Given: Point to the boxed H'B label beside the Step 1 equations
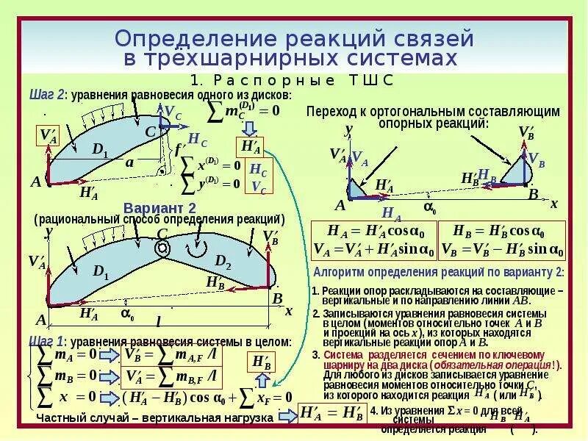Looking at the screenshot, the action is [262, 362].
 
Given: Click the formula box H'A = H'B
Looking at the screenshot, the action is [331, 413].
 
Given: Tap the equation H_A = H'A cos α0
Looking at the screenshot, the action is [373, 229].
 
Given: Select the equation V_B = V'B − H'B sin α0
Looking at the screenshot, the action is [502, 250].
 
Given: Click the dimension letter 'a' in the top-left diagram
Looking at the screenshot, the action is [129, 163].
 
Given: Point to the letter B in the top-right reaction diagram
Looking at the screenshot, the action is [533, 195].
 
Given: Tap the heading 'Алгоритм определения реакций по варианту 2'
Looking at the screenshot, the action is [439, 272].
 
